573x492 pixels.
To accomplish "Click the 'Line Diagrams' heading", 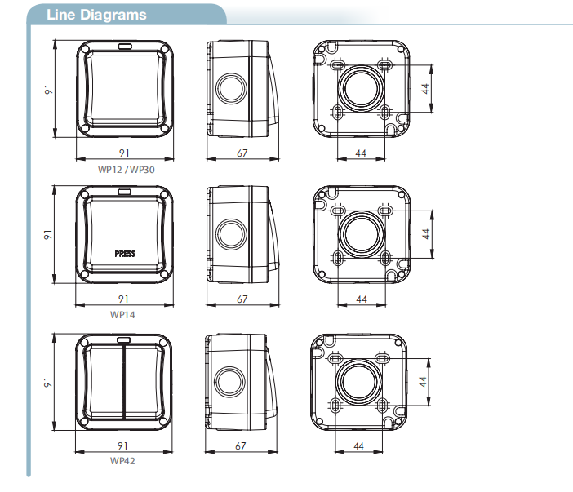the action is click(96, 15).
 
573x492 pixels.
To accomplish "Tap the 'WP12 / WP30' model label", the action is click(126, 170).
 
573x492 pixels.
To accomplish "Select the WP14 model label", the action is click(122, 315).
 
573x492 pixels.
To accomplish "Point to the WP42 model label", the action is click(122, 461).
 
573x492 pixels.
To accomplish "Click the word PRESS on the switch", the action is click(125, 254).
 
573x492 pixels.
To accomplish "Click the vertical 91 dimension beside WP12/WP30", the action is click(49, 90).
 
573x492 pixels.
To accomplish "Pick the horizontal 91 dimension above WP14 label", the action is click(123, 299).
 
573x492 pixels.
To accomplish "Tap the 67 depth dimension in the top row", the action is click(242, 153).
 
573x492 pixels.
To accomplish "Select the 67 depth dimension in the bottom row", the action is click(241, 446).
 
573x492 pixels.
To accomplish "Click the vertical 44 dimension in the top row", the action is click(425, 89).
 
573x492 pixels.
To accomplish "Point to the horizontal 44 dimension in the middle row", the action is click(362, 299).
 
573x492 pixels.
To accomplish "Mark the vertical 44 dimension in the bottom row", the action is click(423, 382).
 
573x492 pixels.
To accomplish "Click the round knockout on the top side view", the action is click(231, 88).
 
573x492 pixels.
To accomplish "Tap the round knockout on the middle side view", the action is click(231, 234).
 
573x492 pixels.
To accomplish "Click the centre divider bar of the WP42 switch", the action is click(124, 382).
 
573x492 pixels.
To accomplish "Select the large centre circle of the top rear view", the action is click(361, 88).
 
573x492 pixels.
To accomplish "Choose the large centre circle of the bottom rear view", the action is click(358, 381).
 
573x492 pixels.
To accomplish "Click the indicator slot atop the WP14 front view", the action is click(125, 192).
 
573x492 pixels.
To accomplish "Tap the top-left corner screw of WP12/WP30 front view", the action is click(85, 49).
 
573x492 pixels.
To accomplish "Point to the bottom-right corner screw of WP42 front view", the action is click(163, 421).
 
